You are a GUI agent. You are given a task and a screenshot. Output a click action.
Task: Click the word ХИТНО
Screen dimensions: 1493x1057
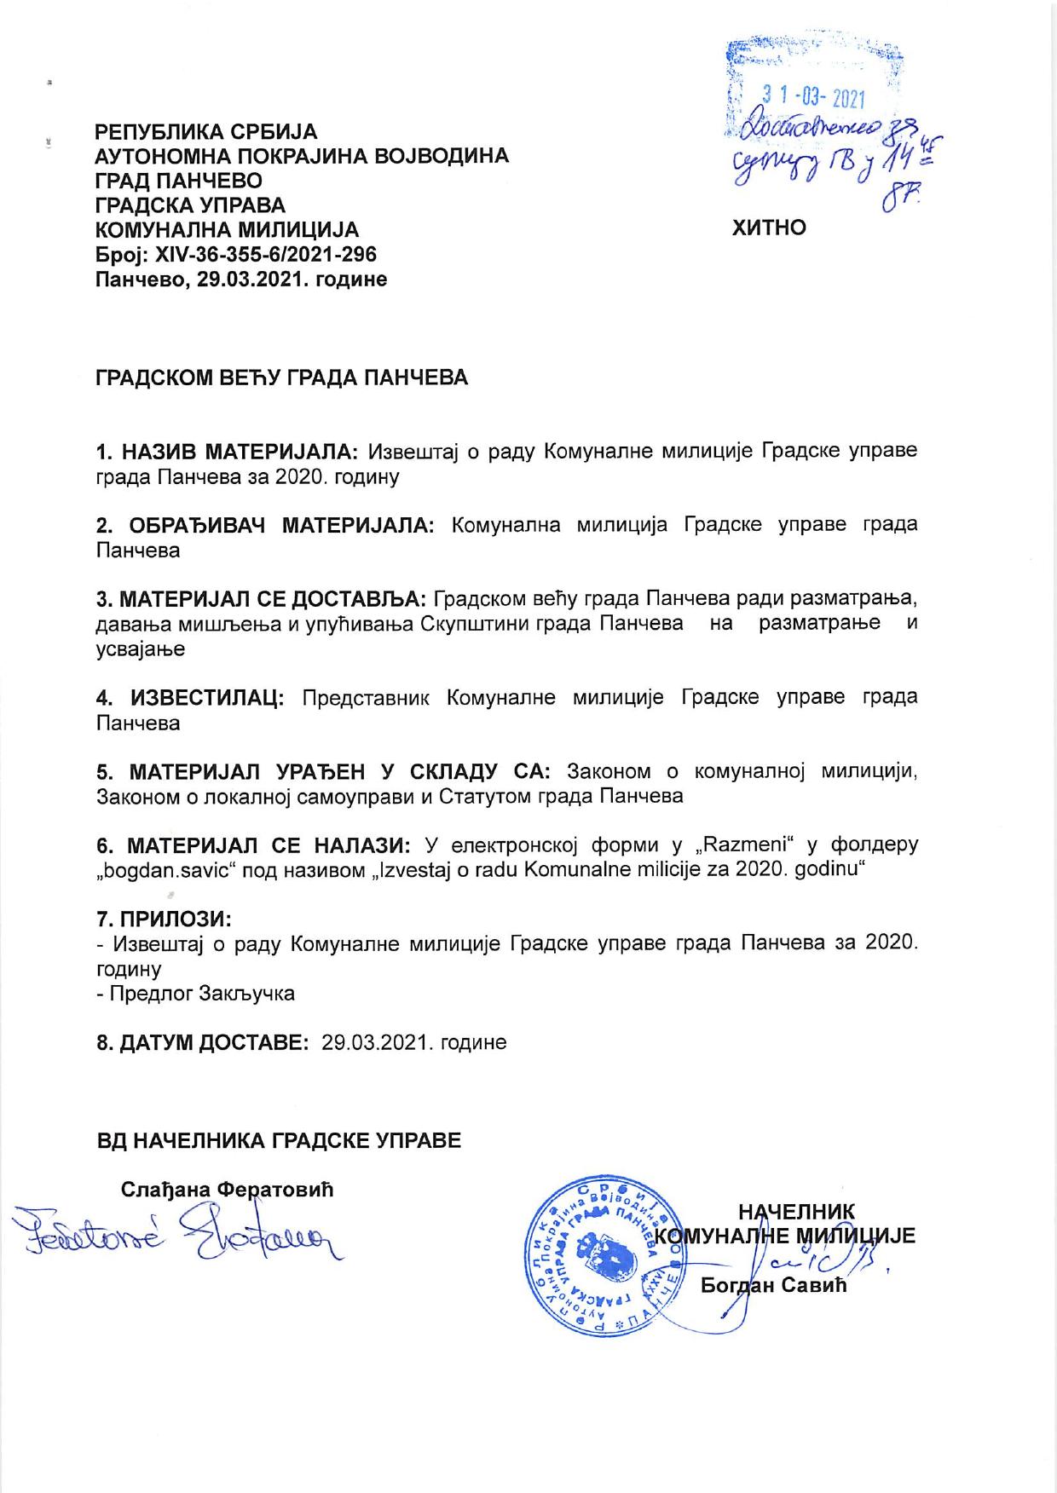[x=769, y=228]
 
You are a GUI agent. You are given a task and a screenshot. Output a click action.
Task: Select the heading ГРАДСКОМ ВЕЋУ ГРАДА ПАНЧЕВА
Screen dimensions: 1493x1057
[x=281, y=378]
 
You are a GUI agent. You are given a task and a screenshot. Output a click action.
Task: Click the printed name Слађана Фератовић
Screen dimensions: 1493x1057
[x=227, y=1189]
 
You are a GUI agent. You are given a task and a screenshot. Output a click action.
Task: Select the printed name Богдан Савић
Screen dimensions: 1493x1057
[x=773, y=1285]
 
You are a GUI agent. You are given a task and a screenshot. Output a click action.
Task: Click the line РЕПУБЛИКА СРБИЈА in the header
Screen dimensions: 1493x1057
[x=205, y=132]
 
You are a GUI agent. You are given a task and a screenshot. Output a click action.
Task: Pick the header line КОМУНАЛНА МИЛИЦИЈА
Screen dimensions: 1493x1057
[x=226, y=230]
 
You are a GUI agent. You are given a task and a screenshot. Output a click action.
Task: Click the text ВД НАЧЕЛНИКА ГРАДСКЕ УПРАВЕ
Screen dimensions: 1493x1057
[x=279, y=1140]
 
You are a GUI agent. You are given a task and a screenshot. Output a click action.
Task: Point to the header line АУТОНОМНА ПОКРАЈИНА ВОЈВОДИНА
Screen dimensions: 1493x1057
[x=302, y=157]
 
